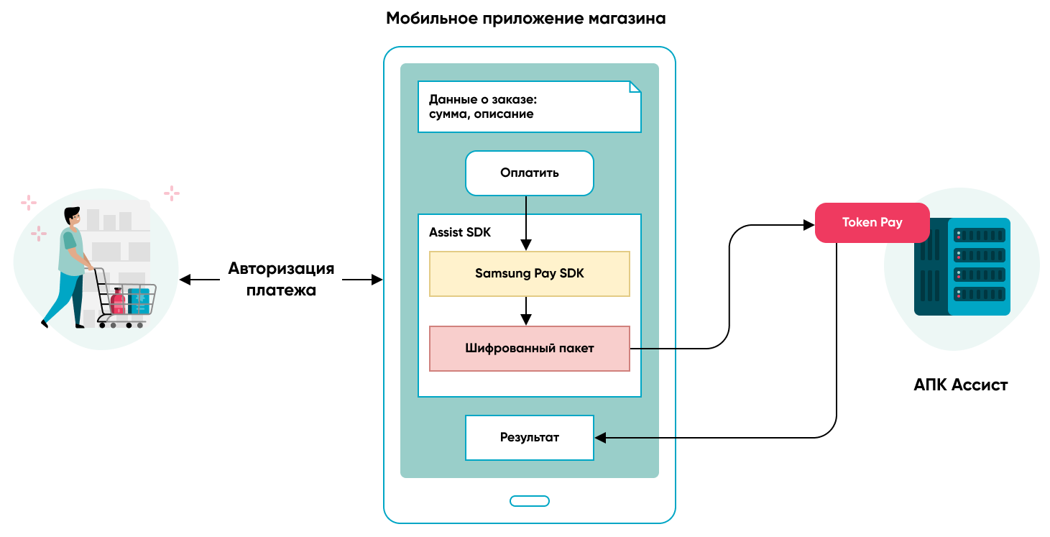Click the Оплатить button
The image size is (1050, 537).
coord(530,173)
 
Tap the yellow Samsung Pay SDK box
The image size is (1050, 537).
coord(530,274)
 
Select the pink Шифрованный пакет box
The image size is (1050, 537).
coord(530,349)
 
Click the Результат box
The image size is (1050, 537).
coord(530,437)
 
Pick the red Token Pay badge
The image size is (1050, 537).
coord(872,223)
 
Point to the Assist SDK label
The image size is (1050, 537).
coord(460,232)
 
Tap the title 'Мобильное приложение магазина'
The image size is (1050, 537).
coord(526,19)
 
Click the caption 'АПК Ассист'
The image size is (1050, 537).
coord(961,385)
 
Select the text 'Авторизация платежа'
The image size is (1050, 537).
coord(281,280)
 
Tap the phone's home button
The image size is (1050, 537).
coord(530,501)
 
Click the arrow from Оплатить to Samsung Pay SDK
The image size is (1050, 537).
coord(527,222)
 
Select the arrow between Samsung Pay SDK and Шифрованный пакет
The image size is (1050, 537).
coord(527,311)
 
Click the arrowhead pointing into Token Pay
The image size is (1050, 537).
coord(809,226)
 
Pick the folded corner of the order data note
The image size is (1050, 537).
coord(635,87)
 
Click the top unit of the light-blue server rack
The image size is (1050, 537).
coord(979,235)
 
